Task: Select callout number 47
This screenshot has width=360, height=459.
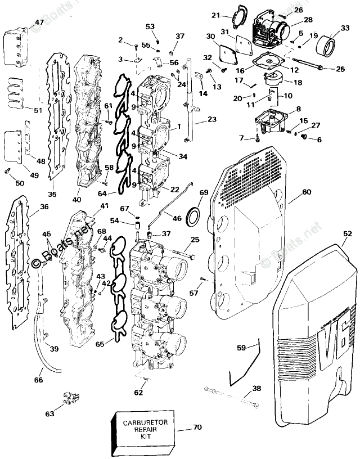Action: [x=38, y=23]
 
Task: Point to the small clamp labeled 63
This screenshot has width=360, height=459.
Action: [x=67, y=399]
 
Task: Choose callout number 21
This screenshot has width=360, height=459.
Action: [x=216, y=15]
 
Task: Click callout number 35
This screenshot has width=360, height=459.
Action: [x=52, y=195]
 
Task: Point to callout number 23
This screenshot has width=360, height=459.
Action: [x=211, y=119]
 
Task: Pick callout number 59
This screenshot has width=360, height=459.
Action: [x=241, y=348]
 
